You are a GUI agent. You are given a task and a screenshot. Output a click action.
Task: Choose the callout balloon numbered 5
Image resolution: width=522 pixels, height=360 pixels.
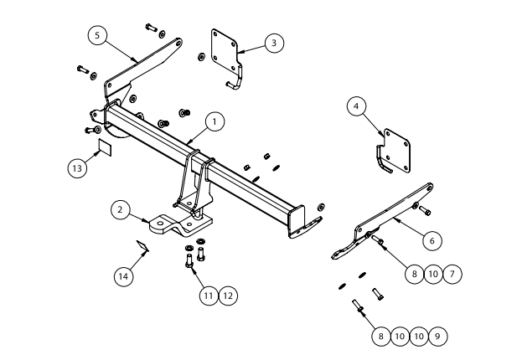click(98, 35)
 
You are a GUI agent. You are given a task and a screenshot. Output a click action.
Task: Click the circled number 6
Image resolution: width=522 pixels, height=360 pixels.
click(432, 240)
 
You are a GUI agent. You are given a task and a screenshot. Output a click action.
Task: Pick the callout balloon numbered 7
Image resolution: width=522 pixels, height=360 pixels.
click(452, 273)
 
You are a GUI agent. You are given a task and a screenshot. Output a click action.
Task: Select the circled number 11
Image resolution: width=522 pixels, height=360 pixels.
click(209, 295)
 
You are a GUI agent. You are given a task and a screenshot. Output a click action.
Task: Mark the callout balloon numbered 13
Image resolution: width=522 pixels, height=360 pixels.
click(77, 167)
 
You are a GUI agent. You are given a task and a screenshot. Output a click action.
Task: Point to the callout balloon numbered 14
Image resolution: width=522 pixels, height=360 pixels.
click(124, 275)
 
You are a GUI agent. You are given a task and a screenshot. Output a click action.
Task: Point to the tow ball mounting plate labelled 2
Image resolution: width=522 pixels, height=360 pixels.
click(180, 224)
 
